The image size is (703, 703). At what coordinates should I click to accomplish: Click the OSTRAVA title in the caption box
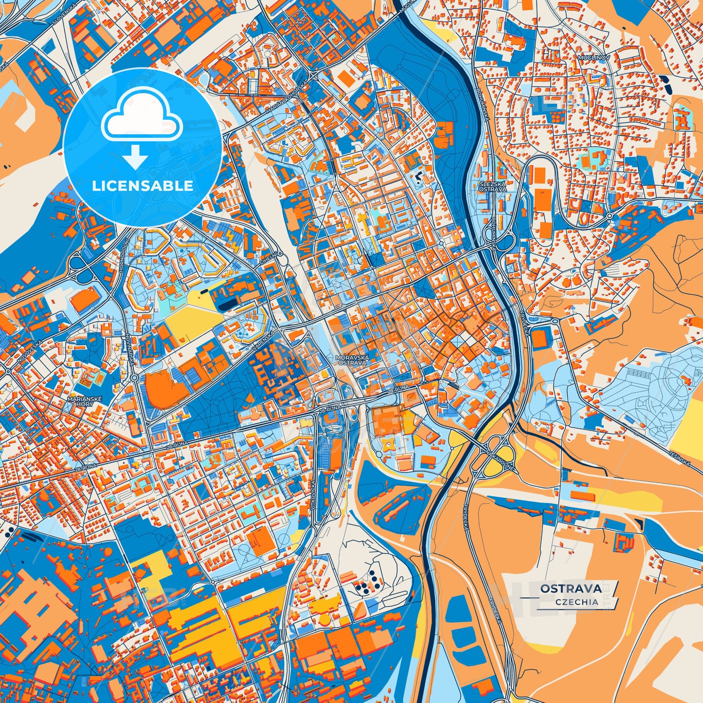pyautogui.click(x=571, y=589)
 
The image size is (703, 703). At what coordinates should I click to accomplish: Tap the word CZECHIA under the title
pyautogui.click(x=577, y=602)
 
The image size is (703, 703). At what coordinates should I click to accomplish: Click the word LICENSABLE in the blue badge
pyautogui.click(x=143, y=185)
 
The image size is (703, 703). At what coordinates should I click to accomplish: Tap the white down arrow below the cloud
pyautogui.click(x=135, y=157)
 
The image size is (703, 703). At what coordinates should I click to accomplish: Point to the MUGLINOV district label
pyautogui.click(x=591, y=57)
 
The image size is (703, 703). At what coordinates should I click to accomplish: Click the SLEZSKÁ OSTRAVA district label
pyautogui.click(x=492, y=186)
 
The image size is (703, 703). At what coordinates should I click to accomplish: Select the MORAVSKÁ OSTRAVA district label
pyautogui.click(x=352, y=360)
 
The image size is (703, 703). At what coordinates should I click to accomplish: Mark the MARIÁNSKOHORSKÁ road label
pyautogui.click(x=287, y=97)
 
